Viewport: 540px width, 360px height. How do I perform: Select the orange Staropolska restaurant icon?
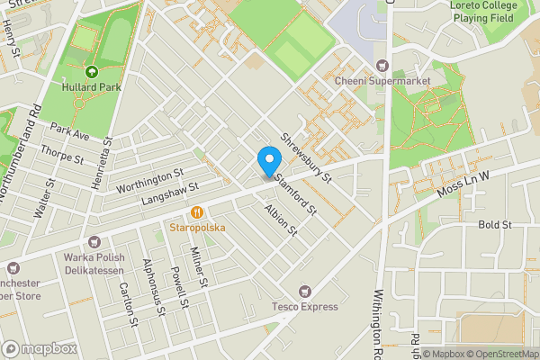pyautogui.click(x=195, y=212)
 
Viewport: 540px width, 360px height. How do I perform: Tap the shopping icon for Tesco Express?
pyautogui.click(x=304, y=291)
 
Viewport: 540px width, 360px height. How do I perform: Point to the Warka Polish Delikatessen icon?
pyautogui.click(x=94, y=241)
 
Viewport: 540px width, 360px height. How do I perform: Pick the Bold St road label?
pyautogui.click(x=494, y=224)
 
